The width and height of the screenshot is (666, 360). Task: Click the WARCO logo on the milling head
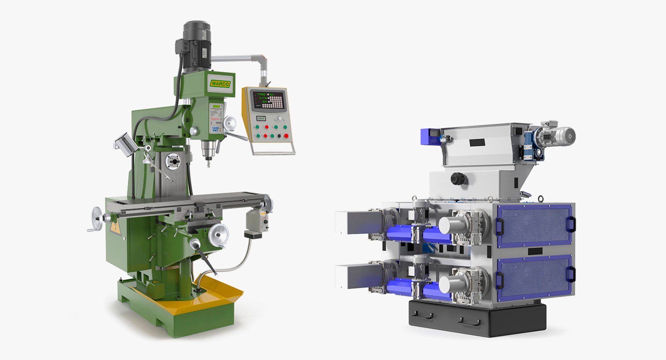220,84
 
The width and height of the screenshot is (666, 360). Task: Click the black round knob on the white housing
458,179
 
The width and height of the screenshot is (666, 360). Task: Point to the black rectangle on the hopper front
477,142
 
